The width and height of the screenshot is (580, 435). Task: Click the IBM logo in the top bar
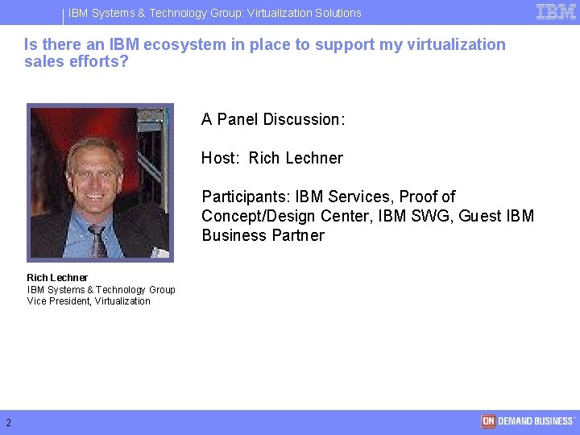point(556,11)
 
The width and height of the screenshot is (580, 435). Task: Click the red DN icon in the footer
point(488,421)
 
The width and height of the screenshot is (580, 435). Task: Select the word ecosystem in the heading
point(184,44)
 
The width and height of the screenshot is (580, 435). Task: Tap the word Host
point(220,158)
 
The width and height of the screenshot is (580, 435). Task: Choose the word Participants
point(246,197)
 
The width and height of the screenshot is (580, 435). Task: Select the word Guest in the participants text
point(480,216)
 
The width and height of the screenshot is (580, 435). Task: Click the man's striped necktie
point(97,240)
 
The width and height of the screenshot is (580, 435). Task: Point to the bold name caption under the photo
point(57,278)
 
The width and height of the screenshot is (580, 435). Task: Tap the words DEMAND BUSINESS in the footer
point(535,421)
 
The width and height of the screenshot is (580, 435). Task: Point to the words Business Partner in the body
point(263,235)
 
